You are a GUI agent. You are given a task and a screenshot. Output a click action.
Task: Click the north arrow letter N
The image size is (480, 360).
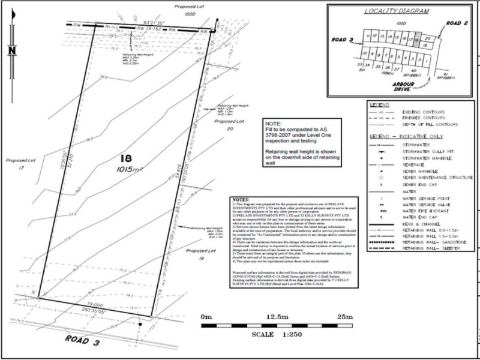pyautogui.click(x=11, y=50)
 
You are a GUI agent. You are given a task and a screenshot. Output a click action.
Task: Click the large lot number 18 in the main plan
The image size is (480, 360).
pyautogui.click(x=125, y=159)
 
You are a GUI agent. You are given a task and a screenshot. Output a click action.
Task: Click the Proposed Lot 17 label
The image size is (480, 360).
pyautogui.click(x=20, y=164)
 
